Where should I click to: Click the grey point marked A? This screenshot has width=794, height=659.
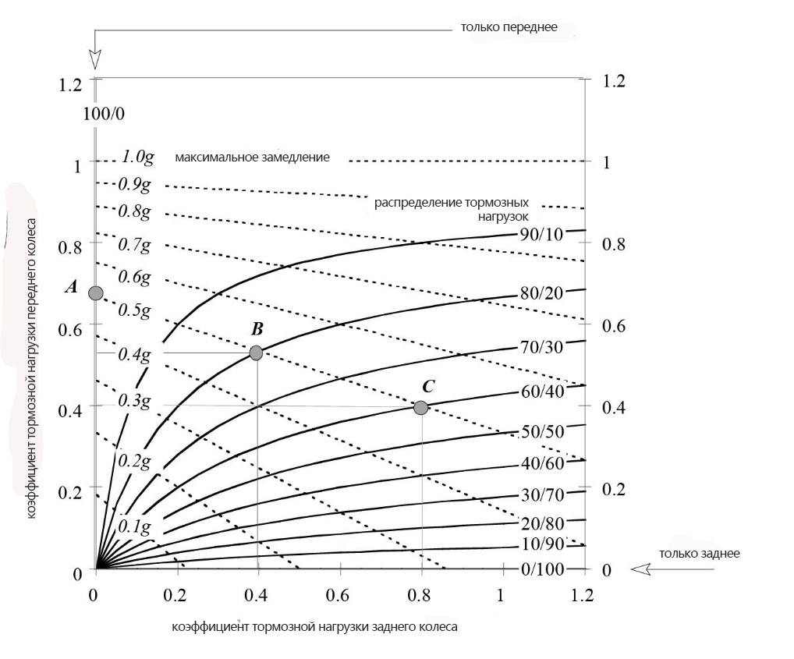(x=96, y=293)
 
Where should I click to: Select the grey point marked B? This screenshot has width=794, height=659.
(x=256, y=353)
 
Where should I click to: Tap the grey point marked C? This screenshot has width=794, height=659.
(x=420, y=407)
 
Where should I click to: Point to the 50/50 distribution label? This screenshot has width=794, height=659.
(x=542, y=431)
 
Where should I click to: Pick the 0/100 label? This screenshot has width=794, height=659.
(x=542, y=569)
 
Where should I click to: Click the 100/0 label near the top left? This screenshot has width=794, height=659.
(x=104, y=114)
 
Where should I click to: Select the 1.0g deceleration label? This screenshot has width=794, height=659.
(x=137, y=157)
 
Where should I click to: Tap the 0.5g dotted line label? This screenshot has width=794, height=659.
(x=133, y=310)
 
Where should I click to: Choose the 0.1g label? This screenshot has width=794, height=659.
(x=135, y=526)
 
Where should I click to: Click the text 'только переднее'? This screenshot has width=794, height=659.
(x=509, y=27)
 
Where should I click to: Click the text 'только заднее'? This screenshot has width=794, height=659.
(x=699, y=554)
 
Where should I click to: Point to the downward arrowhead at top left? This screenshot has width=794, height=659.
(x=95, y=60)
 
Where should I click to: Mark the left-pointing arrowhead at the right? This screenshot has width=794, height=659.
(x=641, y=570)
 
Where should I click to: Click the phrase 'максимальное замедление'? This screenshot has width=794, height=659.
(x=252, y=158)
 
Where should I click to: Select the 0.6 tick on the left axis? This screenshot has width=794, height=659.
(x=69, y=329)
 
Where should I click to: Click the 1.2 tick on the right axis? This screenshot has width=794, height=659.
(x=614, y=81)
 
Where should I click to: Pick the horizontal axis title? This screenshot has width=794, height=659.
(x=314, y=626)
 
